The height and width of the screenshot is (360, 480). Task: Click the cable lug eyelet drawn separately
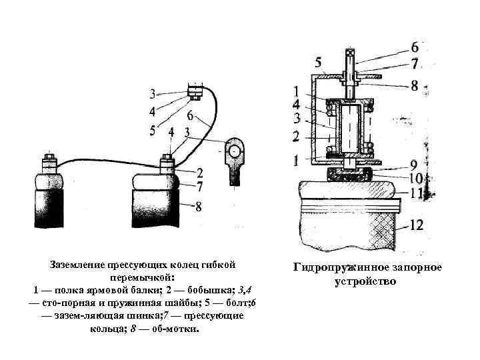(235, 151)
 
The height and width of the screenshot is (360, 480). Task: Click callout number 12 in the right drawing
(416, 225)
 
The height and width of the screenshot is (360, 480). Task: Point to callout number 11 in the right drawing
(416, 194)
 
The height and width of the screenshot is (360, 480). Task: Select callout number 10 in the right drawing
(415, 179)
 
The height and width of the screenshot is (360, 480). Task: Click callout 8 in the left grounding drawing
(197, 207)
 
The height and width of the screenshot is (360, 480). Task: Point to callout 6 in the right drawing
(415, 47)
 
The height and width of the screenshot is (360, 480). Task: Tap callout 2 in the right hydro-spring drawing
(296, 136)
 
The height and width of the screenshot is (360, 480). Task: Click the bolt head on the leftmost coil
(49, 161)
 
